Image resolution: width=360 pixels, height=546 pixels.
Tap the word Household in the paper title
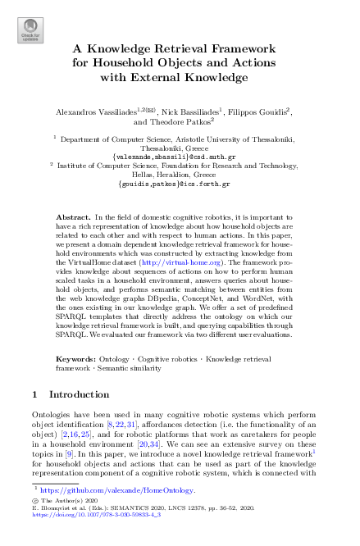coord(125,62)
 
